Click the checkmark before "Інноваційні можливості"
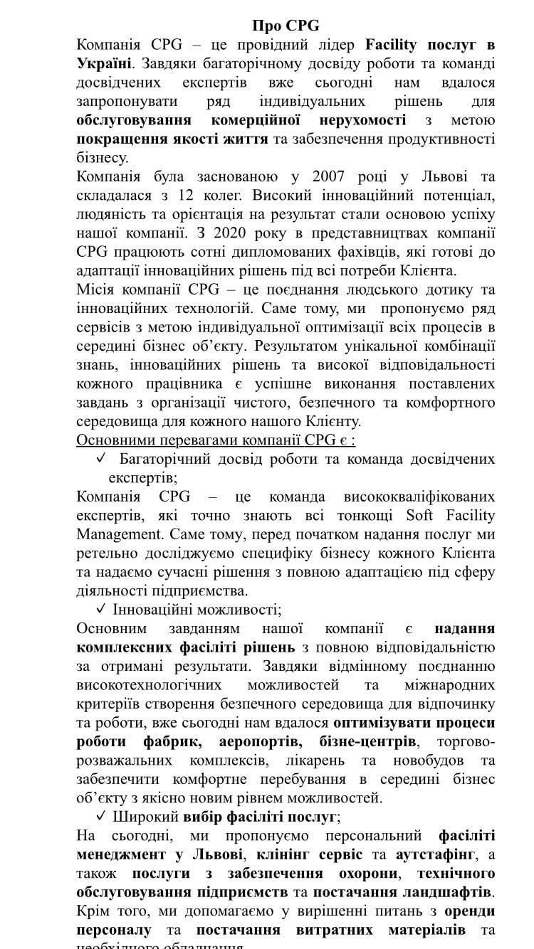click(100, 609)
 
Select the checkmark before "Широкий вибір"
click(100, 816)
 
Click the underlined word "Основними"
click(114, 440)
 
